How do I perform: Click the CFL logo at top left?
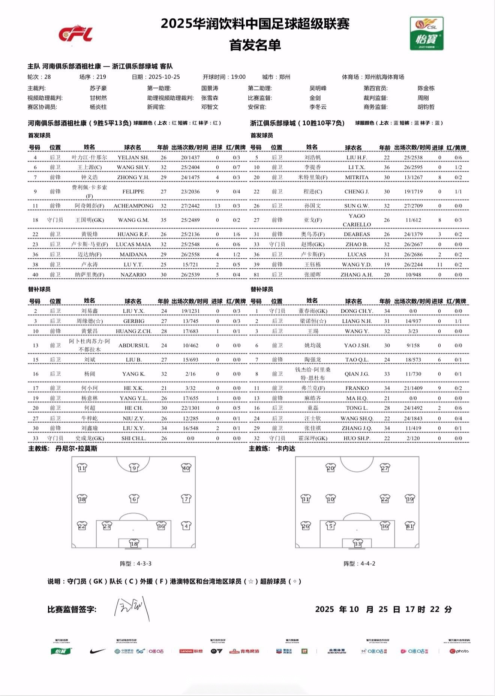click(x=75, y=34)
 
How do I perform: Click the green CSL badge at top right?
click(x=426, y=33)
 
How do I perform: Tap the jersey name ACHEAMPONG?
click(x=133, y=206)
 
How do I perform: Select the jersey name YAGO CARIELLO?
click(x=357, y=220)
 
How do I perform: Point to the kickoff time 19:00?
click(x=238, y=77)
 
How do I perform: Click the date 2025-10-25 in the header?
click(x=164, y=77)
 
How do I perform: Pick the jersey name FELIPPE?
click(x=133, y=192)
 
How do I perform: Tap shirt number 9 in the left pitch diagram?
click(x=134, y=468)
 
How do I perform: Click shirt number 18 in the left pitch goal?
click(x=134, y=544)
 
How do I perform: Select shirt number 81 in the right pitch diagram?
click(x=409, y=526)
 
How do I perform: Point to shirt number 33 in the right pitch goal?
click(x=357, y=544)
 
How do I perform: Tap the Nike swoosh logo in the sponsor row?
click(x=97, y=651)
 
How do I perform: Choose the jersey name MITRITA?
click(x=357, y=177)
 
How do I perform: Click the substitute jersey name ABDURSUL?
click(x=133, y=346)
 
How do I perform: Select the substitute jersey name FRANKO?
click(x=357, y=388)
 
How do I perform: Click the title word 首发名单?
click(x=255, y=45)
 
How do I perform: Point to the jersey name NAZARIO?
click(x=133, y=275)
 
